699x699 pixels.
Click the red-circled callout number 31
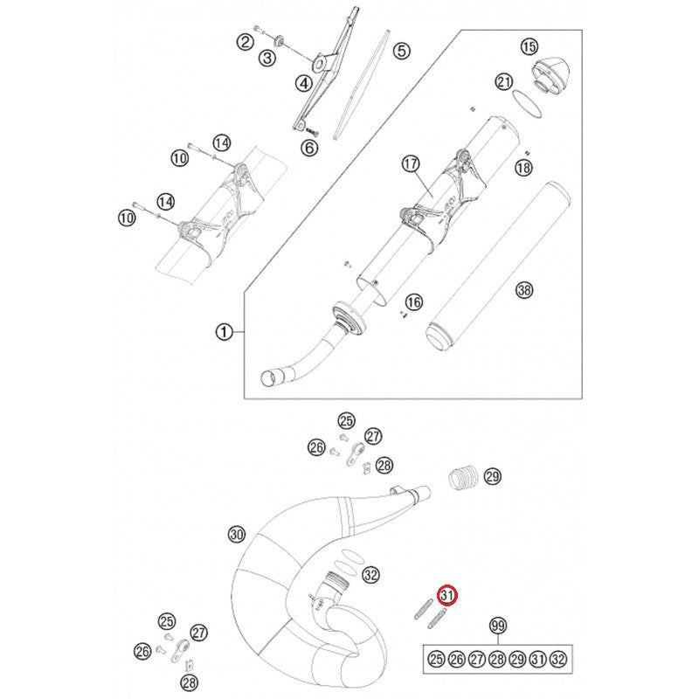pyautogui.click(x=447, y=596)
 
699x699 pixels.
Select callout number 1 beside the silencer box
pyautogui.click(x=224, y=332)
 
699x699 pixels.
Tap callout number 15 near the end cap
pyautogui.click(x=529, y=46)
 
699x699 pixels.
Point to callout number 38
pyautogui.click(x=523, y=290)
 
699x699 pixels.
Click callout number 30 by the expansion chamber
pyautogui.click(x=236, y=534)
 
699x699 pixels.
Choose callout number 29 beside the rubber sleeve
pyautogui.click(x=492, y=476)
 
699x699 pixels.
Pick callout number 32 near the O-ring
pyautogui.click(x=371, y=575)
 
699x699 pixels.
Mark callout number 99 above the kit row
pyautogui.click(x=498, y=626)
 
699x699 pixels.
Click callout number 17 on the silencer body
pyautogui.click(x=412, y=163)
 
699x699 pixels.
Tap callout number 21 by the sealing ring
pyautogui.click(x=503, y=82)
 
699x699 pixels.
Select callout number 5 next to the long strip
pyautogui.click(x=401, y=51)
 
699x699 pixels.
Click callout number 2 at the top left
pyautogui.click(x=246, y=40)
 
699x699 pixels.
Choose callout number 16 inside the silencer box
pyautogui.click(x=413, y=302)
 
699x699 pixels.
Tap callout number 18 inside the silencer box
pyautogui.click(x=523, y=168)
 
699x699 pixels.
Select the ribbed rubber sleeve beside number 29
pyautogui.click(x=462, y=479)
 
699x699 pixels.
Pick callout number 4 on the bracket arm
pyautogui.click(x=303, y=84)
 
